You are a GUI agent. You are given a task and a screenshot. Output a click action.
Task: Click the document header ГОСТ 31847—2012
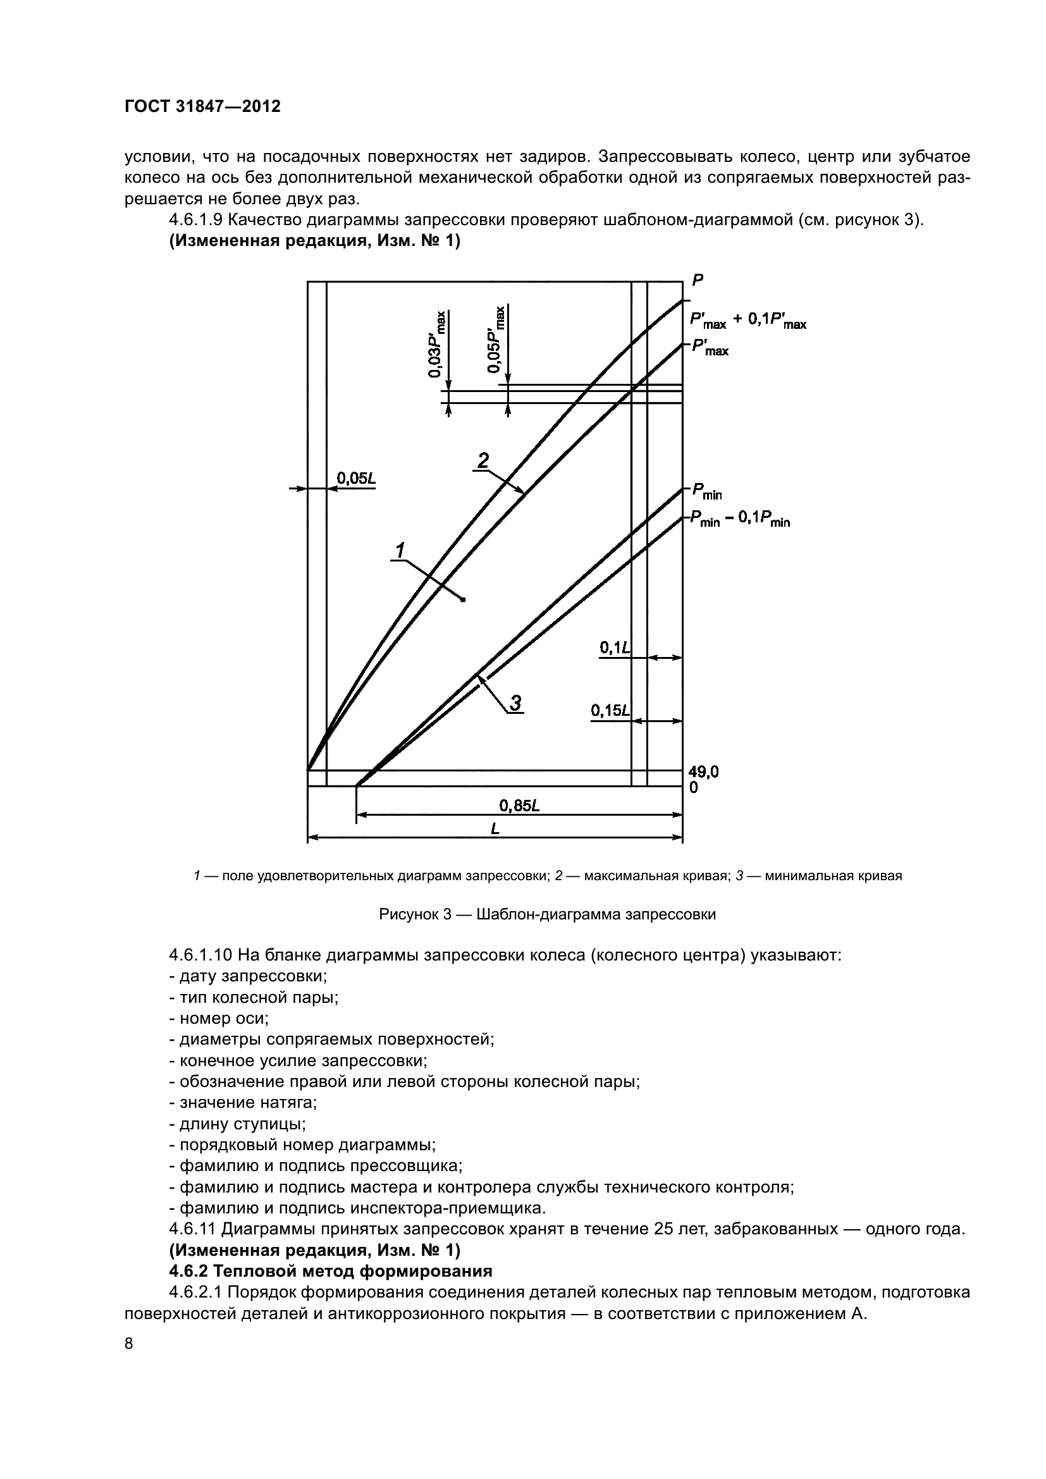(202, 106)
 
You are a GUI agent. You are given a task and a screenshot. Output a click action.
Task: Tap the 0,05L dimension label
(356, 478)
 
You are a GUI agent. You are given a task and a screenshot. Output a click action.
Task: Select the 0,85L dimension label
(519, 806)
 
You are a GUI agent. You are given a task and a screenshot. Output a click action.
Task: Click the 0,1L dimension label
(615, 647)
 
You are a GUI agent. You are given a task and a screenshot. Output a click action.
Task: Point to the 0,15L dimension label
(610, 710)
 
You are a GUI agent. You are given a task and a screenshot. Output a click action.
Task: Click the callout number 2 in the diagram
(483, 460)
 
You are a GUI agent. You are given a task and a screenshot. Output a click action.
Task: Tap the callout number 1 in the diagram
(400, 550)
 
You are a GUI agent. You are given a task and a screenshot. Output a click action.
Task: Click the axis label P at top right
(698, 279)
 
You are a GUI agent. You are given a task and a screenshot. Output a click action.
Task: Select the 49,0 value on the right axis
(704, 771)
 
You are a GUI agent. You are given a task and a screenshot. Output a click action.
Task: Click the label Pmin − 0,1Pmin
(740, 520)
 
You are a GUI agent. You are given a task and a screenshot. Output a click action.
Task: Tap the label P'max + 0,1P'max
(748, 321)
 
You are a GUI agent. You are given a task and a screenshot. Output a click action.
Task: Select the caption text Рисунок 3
(548, 914)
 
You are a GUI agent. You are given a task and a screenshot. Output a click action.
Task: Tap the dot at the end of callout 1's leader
(464, 599)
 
